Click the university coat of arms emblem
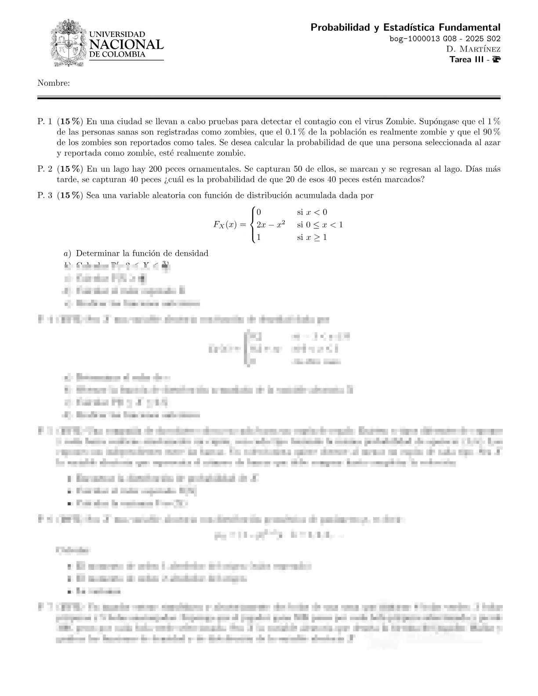tap(68, 43)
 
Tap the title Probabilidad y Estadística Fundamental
tap(405, 28)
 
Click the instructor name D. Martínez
tap(473, 49)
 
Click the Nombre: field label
tap(54, 83)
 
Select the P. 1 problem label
tap(45, 121)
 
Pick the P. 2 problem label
tap(45, 169)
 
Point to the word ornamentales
tap(213, 169)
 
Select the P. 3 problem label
tap(45, 196)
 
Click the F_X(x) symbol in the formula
tap(225, 225)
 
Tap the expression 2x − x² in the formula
tap(271, 225)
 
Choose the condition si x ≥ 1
tap(312, 237)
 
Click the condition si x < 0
tap(312, 212)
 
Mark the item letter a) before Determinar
tap(67, 254)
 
